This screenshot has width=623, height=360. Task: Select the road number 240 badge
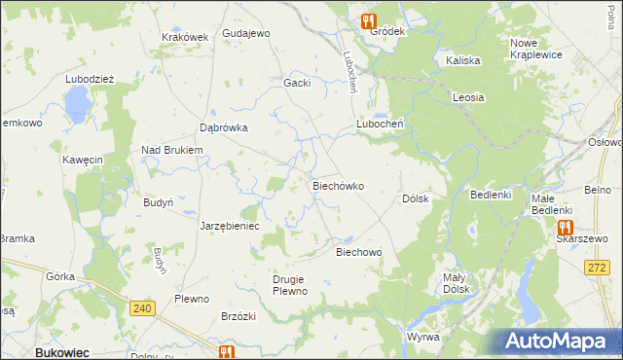(x=143, y=308)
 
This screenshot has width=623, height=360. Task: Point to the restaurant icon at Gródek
(x=370, y=18)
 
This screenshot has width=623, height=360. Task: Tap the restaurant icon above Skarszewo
(x=565, y=226)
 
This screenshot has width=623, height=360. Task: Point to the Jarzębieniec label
(x=230, y=226)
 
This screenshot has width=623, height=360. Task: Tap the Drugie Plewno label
(x=290, y=286)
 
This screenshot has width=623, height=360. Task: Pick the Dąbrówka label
(x=224, y=127)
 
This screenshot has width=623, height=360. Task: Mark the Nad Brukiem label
(x=171, y=150)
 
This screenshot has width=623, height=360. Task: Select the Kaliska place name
(x=463, y=60)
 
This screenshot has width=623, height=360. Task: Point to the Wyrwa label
(x=423, y=337)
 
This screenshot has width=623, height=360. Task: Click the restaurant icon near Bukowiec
(x=227, y=352)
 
